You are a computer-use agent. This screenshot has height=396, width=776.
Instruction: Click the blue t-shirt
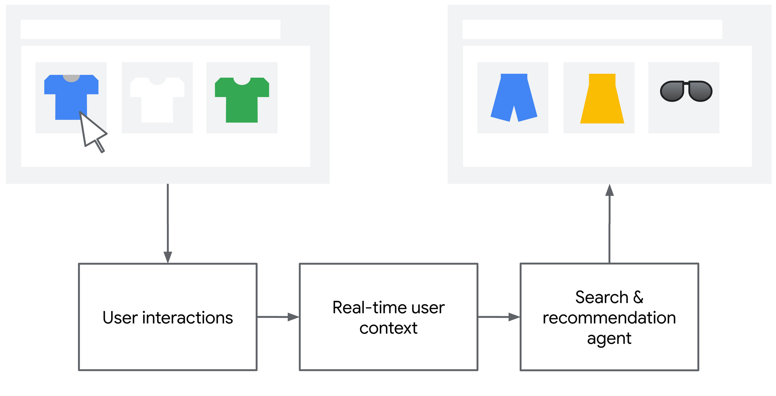pyautogui.click(x=71, y=97)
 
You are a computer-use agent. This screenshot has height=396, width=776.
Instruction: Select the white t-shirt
pyautogui.click(x=157, y=100)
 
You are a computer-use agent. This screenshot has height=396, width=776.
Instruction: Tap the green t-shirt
pyautogui.click(x=242, y=100)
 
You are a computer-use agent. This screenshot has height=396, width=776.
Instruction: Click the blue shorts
pyautogui.click(x=514, y=97)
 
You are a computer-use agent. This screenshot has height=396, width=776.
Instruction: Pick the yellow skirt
pyautogui.click(x=602, y=99)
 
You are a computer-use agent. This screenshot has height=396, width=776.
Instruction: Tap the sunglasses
pyautogui.click(x=686, y=91)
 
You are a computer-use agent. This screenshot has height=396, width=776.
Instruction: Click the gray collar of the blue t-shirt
pyautogui.click(x=71, y=78)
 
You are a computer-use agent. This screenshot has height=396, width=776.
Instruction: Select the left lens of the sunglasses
pyautogui.click(x=672, y=91)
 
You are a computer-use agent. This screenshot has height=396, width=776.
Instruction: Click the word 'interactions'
pyautogui.click(x=187, y=318)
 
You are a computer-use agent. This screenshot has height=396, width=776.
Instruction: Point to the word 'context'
pyautogui.click(x=388, y=328)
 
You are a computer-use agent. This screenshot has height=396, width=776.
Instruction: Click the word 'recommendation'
pyautogui.click(x=609, y=318)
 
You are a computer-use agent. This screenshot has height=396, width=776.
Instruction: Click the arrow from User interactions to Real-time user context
pyautogui.click(x=278, y=317)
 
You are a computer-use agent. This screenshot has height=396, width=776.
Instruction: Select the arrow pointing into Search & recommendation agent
pyautogui.click(x=499, y=317)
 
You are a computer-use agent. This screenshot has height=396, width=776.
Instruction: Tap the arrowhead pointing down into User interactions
pyautogui.click(x=168, y=257)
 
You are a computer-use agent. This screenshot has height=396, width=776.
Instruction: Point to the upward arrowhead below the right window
pyautogui.click(x=610, y=190)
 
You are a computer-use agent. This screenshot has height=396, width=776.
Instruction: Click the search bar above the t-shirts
pyautogui.click(x=151, y=29)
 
